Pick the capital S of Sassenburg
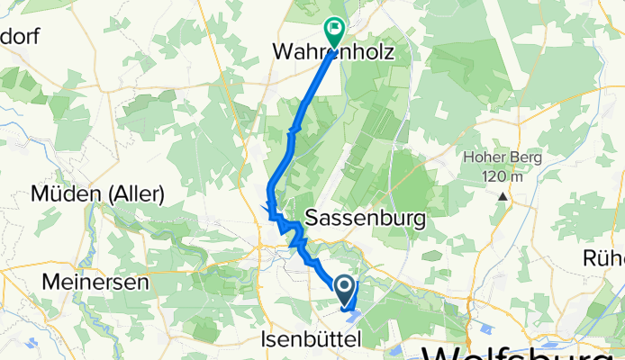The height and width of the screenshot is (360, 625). [314, 218]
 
